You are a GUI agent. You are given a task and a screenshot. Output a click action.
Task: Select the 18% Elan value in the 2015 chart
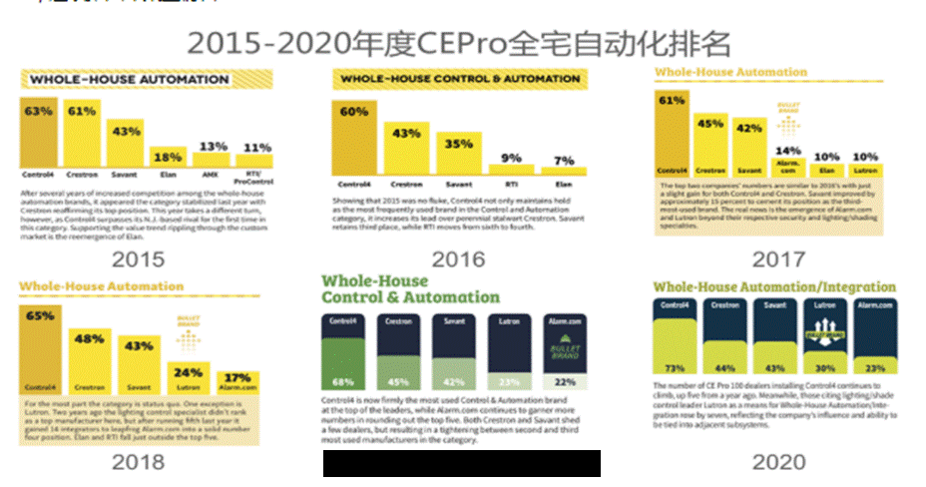pos(167,156)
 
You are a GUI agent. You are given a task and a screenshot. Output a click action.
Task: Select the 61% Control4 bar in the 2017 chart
pos(672,130)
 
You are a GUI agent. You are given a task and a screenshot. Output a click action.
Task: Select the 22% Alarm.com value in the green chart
pos(566,383)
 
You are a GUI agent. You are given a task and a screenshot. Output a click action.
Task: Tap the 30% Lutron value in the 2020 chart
pos(823,368)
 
